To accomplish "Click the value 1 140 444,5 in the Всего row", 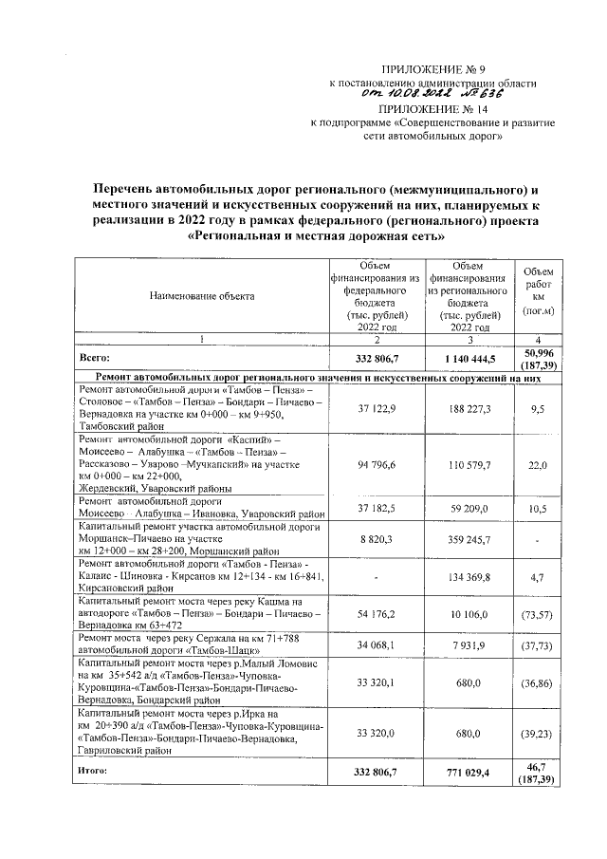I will coord(466,359).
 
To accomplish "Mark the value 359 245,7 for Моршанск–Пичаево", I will coord(466,539).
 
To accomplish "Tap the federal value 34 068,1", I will coord(375,645).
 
